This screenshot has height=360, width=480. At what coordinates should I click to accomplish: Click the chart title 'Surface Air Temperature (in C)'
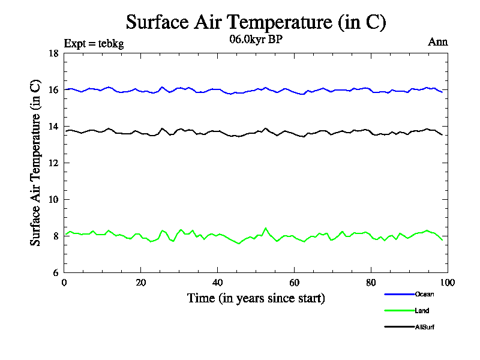(256, 22)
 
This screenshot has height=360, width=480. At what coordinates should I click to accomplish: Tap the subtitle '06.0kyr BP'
(256, 40)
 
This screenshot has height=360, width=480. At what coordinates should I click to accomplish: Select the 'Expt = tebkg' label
(94, 43)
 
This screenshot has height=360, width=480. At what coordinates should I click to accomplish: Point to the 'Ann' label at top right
(438, 42)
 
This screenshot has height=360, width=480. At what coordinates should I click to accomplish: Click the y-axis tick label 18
(53, 53)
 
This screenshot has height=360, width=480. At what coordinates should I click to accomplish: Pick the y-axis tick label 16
(53, 90)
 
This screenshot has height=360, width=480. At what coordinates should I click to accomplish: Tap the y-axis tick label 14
(53, 127)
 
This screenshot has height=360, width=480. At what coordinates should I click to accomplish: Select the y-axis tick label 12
(53, 163)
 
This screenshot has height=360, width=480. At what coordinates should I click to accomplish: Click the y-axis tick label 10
(53, 200)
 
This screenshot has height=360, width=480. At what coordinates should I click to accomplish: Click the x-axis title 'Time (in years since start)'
(256, 298)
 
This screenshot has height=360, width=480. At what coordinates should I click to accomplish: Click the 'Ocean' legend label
(424, 294)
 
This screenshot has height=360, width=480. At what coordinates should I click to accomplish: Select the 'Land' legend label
(422, 311)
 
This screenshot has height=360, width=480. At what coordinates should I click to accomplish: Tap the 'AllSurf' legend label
(424, 327)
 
